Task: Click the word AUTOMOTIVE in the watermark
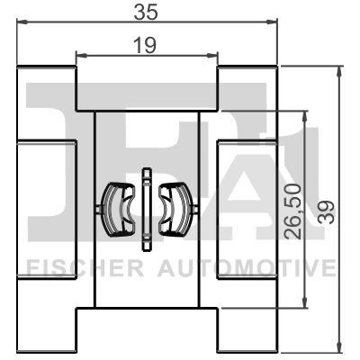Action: pos(247,267)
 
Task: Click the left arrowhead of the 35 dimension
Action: pos(22,29)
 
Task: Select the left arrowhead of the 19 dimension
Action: pos(79,55)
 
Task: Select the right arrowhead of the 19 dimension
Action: pos(214,55)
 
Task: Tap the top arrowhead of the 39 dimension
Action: pos(339,70)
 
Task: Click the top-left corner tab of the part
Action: pos(45,76)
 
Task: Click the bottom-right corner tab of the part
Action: pos(247,337)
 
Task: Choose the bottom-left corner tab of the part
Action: pos(45,337)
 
